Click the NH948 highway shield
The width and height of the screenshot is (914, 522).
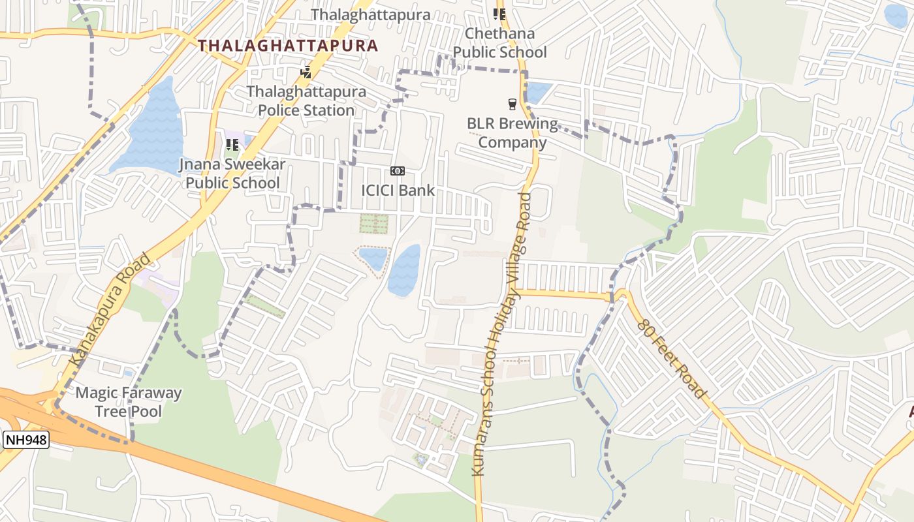click(27, 440)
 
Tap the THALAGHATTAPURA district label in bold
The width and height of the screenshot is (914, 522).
click(288, 46)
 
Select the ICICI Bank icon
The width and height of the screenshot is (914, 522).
click(397, 171)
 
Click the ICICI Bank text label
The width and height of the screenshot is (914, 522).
click(398, 191)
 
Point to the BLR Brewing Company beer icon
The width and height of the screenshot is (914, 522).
click(512, 104)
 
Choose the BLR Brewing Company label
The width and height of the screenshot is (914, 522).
click(512, 133)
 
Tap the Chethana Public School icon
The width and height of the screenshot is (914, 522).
click(499, 14)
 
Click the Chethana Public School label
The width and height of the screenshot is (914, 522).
click(499, 42)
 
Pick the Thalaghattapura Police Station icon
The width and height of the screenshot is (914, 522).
click(306, 72)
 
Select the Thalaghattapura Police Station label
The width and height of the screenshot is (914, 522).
click(306, 101)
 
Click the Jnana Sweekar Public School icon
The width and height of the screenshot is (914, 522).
click(232, 145)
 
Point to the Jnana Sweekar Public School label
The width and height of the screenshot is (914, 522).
click(232, 174)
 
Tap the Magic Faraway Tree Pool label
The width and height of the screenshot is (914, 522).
click(129, 402)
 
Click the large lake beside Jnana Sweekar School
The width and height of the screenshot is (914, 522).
click(154, 128)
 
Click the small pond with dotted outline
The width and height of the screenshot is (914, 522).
click(374, 258)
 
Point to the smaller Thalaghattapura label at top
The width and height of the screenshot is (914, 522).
click(370, 14)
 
